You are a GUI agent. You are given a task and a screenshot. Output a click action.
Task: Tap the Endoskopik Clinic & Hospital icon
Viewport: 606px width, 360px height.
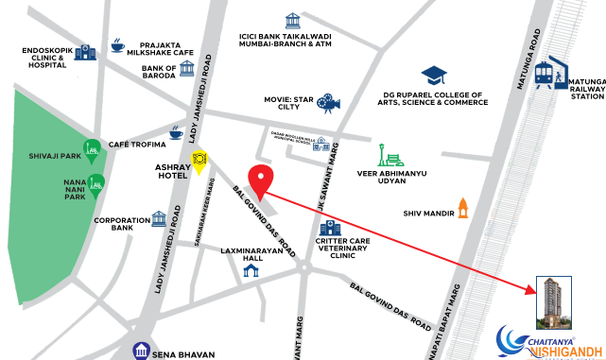[85, 53]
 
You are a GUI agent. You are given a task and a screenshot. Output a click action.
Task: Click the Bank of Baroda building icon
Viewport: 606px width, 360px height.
[186, 69]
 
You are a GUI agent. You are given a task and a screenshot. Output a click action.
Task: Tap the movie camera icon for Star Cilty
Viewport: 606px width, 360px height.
[327, 101]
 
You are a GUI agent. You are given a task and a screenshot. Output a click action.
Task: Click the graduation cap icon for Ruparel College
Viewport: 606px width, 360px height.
[434, 75]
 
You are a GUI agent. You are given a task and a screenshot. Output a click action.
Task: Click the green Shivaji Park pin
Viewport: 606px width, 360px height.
[93, 150]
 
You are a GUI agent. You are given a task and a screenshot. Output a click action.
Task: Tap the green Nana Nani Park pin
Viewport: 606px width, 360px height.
[95, 184]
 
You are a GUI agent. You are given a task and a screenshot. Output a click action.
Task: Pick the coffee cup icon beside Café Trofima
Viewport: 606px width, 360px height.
[175, 134]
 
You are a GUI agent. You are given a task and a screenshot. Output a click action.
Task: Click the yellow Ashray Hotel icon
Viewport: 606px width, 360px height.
[199, 160]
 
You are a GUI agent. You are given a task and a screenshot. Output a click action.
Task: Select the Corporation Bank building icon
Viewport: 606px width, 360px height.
[159, 219]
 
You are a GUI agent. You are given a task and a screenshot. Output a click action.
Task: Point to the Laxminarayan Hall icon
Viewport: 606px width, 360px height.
[251, 271]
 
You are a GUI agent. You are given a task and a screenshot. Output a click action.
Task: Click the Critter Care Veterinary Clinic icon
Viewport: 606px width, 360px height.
[330, 229]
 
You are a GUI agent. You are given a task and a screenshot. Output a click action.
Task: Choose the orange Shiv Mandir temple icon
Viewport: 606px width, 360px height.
[463, 206]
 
